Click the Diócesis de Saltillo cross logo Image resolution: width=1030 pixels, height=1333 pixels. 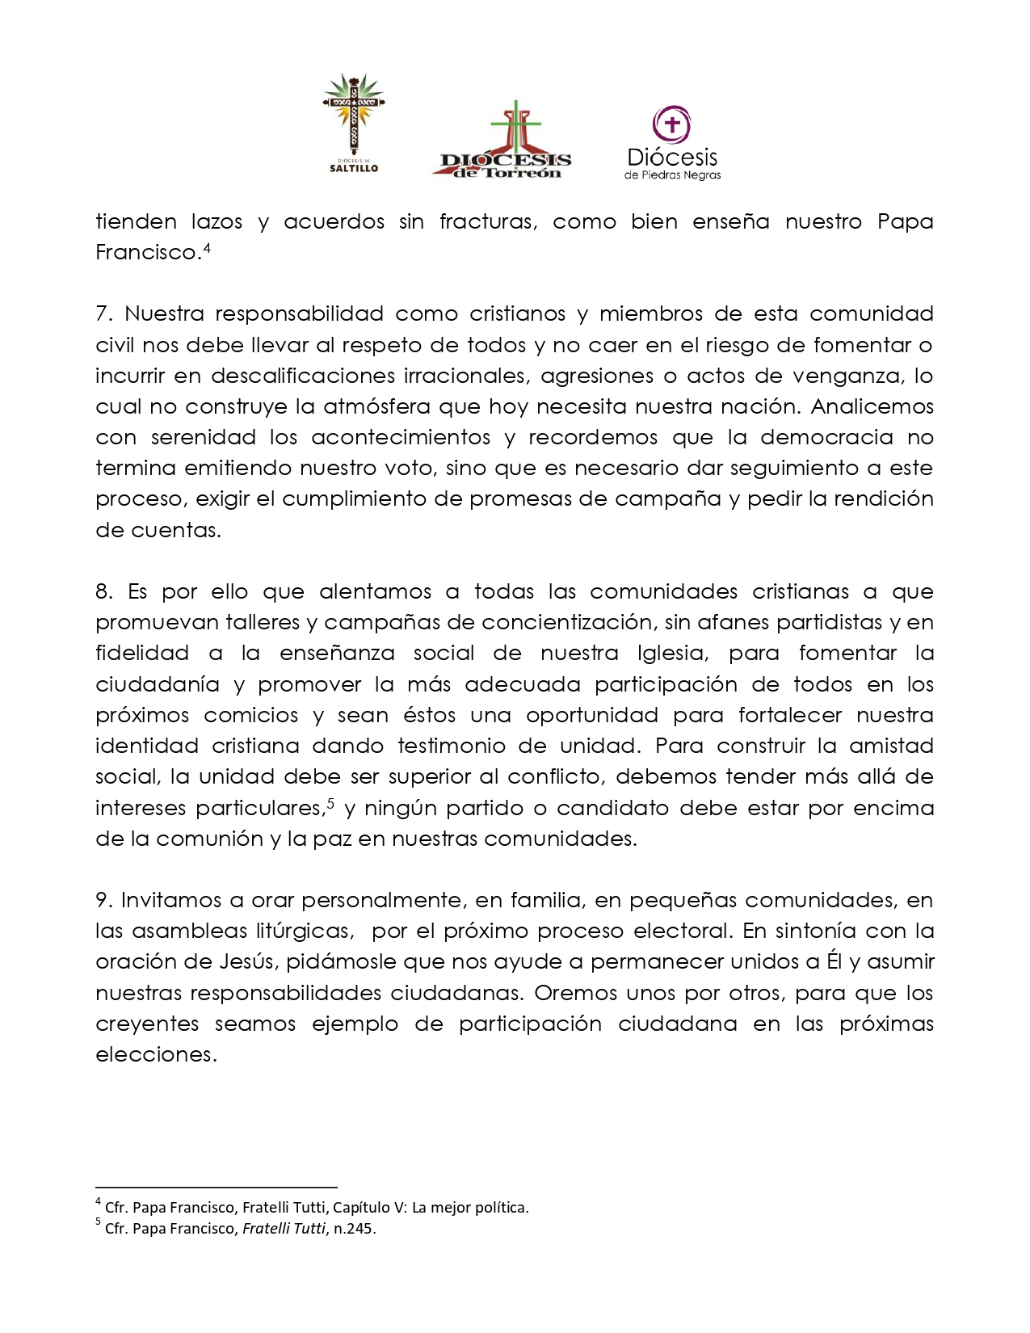click(x=353, y=121)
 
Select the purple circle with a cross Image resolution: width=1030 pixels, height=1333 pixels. click(x=671, y=124)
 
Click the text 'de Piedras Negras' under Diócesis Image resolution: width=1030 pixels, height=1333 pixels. click(x=672, y=175)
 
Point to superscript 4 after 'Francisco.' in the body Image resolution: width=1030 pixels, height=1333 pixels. click(x=207, y=248)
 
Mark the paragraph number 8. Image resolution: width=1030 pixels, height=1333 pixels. click(x=103, y=591)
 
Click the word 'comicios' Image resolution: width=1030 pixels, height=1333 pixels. click(x=250, y=715)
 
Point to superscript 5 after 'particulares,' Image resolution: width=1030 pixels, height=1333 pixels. click(x=330, y=804)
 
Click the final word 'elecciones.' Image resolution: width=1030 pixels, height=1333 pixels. click(x=157, y=1054)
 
